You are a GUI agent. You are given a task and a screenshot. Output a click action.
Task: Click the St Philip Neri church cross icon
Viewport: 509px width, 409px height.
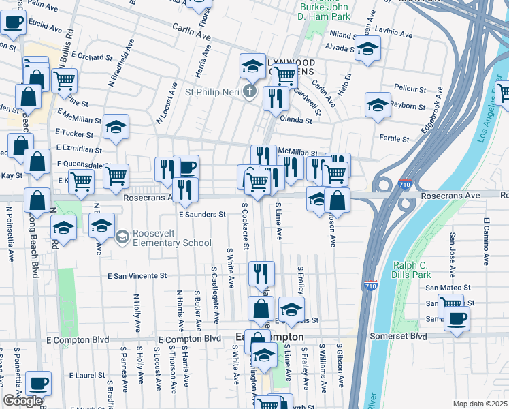250,91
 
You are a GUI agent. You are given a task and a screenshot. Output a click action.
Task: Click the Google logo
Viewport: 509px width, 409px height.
22,401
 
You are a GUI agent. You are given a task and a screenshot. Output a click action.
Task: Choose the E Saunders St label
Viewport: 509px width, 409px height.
202,214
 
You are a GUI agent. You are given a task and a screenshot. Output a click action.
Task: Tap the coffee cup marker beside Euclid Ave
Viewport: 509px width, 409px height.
13,22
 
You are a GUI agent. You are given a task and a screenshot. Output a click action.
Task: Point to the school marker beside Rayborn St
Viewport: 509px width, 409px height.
378,104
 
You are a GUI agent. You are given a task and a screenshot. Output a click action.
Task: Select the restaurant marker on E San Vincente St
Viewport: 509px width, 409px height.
262,273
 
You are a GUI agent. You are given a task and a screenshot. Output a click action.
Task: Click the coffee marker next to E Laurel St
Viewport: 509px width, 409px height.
39,383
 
